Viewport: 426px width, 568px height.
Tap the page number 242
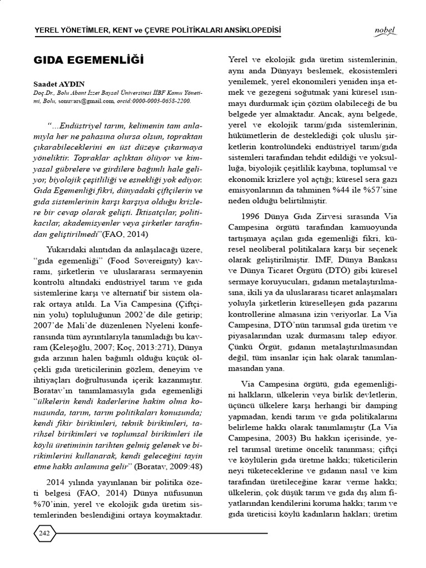[x=45, y=533]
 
